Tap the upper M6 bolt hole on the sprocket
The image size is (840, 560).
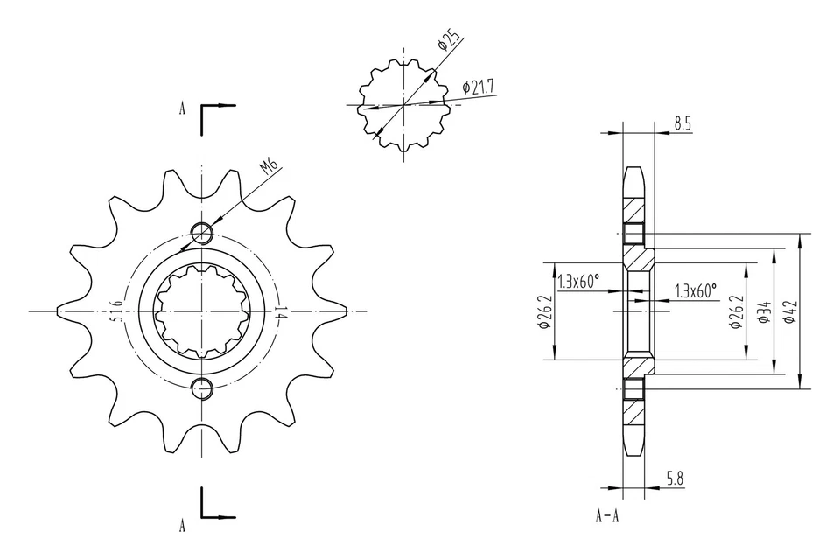tap(202, 233)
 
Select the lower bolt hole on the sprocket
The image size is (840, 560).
tap(202, 388)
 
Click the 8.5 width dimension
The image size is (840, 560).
tap(682, 124)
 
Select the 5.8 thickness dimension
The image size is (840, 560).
tap(675, 479)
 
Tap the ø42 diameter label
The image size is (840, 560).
tap(789, 311)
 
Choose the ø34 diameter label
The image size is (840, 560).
tap(763, 311)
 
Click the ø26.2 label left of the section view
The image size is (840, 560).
tap(543, 311)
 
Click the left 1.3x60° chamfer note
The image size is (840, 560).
tap(579, 281)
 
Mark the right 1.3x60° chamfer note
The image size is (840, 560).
tap(696, 290)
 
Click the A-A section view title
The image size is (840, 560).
tap(608, 516)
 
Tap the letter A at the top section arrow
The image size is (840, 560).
tap(182, 109)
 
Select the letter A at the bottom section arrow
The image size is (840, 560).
tap(182, 526)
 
